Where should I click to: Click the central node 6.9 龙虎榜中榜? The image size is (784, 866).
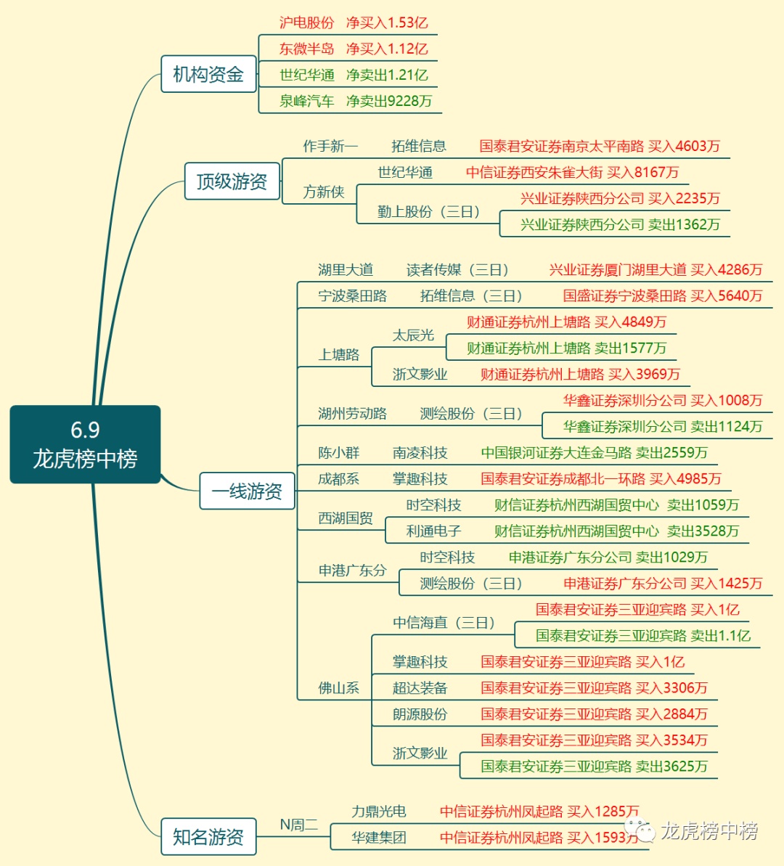pyautogui.click(x=85, y=444)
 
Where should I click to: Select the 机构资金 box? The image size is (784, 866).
pyautogui.click(x=208, y=74)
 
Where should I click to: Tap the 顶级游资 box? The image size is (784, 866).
pyautogui.click(x=232, y=181)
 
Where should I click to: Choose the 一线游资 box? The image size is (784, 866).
pyautogui.click(x=247, y=491)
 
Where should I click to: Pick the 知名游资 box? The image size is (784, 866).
pyautogui.click(x=208, y=837)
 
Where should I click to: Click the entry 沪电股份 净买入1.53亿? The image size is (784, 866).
pyautogui.click(x=354, y=23)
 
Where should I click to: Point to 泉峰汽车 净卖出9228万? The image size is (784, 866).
pyautogui.click(x=356, y=101)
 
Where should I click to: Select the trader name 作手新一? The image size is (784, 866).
pyautogui.click(x=330, y=146)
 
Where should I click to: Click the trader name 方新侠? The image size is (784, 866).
pyautogui.click(x=324, y=192)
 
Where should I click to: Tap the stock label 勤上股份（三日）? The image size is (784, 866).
pyautogui.click(x=428, y=211)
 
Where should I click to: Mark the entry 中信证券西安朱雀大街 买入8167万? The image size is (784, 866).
pyautogui.click(x=572, y=172)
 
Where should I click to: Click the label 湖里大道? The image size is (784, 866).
pyautogui.click(x=346, y=270)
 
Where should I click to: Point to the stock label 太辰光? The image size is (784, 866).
pyautogui.click(x=413, y=335)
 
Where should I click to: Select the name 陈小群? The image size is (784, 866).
pyautogui.click(x=339, y=453)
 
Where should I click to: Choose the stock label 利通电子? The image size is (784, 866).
pyautogui.click(x=433, y=531)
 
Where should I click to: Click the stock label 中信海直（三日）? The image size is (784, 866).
pyautogui.click(x=444, y=623)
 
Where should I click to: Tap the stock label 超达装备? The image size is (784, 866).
pyautogui.click(x=420, y=688)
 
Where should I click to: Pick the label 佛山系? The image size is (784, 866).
pyautogui.click(x=339, y=688)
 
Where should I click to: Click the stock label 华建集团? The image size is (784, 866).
pyautogui.click(x=378, y=838)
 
